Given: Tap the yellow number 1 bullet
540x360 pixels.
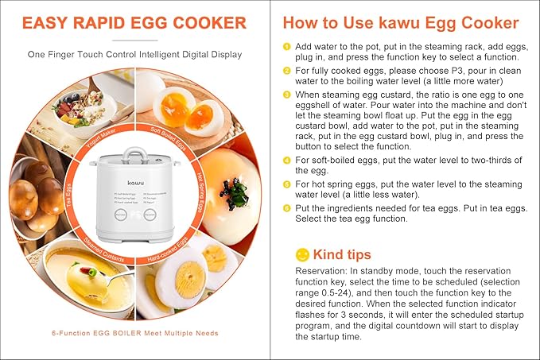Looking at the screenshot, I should coord(287,46).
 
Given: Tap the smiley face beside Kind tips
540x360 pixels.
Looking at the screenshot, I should coord(302,254).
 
